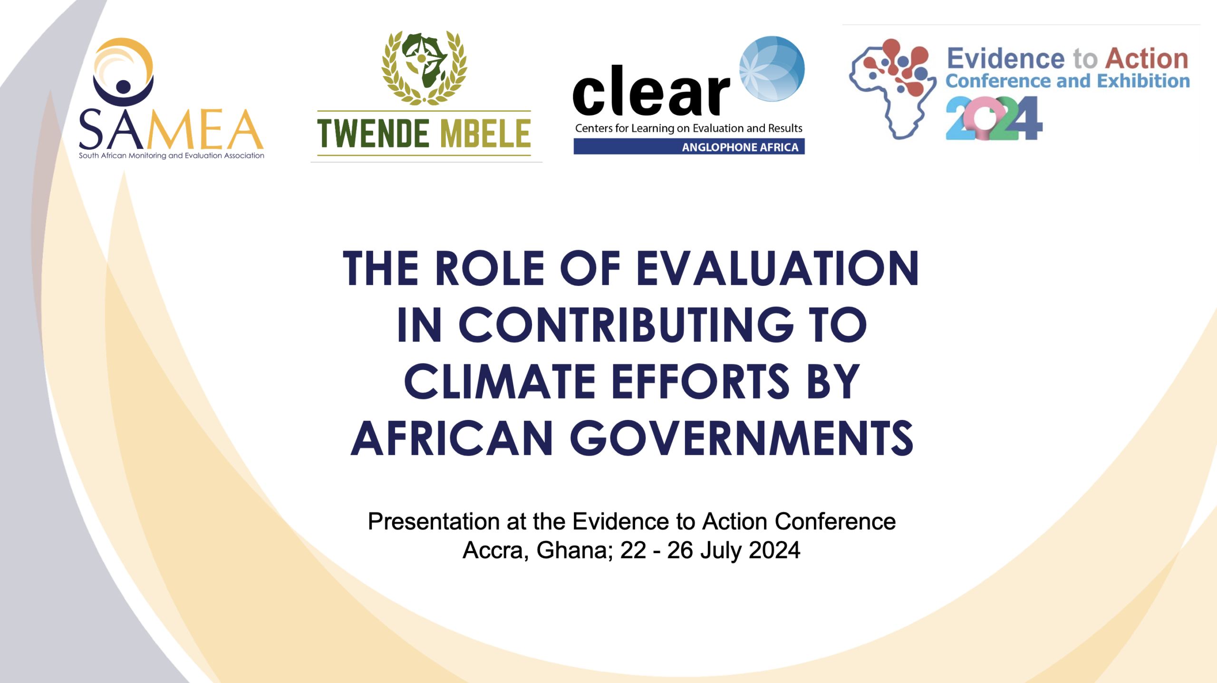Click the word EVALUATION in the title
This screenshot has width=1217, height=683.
777,268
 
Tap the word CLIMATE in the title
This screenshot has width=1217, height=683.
500,381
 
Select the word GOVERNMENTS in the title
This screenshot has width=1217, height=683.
741,438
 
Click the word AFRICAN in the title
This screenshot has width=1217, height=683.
452,438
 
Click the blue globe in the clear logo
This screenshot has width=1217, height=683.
772,68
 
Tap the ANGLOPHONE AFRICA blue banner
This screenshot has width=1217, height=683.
689,146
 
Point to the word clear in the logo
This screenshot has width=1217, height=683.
651,91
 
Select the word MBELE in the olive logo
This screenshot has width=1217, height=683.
485,134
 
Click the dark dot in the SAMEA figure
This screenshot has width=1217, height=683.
124,87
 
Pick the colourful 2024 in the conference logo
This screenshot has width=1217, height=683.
994,118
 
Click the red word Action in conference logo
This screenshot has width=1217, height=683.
1147,59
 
